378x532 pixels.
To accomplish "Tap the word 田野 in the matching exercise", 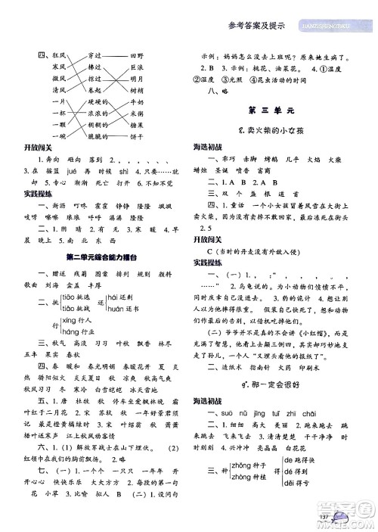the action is tap(138, 56).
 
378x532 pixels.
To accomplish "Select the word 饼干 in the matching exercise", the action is tap(138, 138).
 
